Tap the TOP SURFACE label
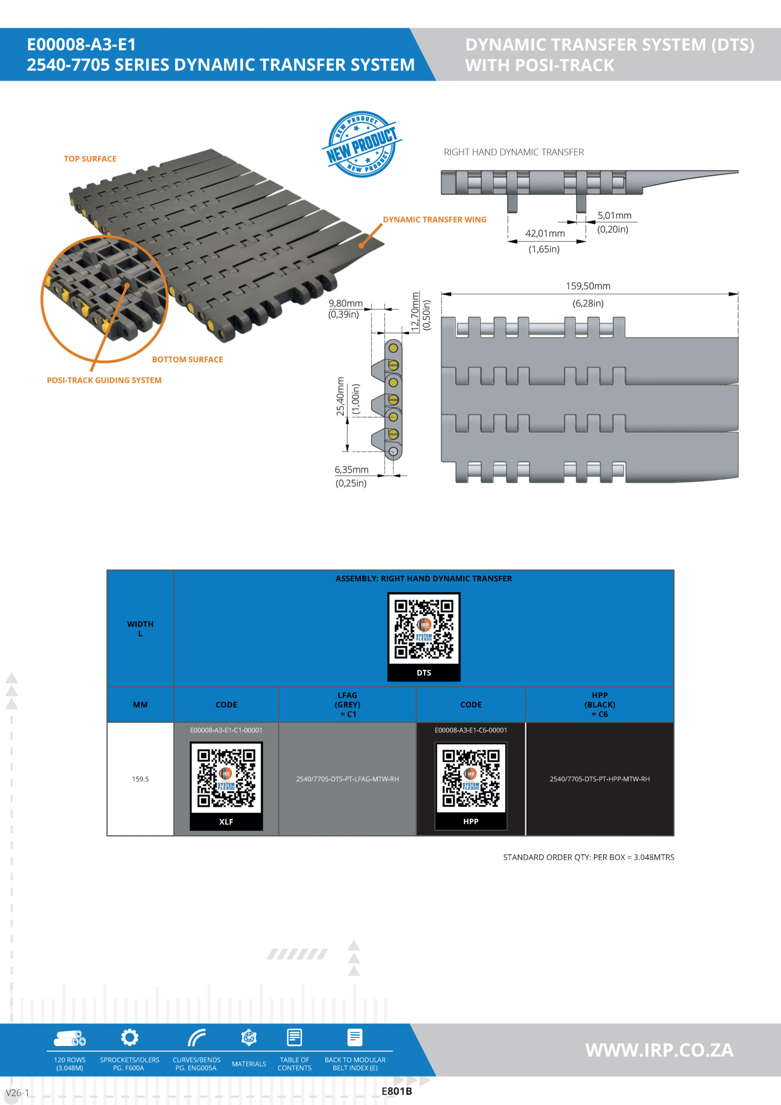coord(90,159)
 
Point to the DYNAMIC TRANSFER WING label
coord(434,219)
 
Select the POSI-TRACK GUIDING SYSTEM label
coord(104,380)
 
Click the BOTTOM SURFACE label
coord(187,360)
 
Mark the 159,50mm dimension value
coord(588,286)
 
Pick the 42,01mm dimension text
coord(545,234)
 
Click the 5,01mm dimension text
coord(614,216)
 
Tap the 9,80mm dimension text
coord(346,303)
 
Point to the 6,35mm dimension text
coord(351,470)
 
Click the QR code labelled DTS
coord(423,629)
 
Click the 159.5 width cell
coord(140,779)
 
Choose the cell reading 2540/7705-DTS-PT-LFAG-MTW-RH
coord(347,779)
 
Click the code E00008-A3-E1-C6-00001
coord(471,730)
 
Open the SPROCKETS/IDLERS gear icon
coord(129,1037)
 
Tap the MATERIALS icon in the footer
coord(249,1038)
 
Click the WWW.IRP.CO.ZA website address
coord(659,1050)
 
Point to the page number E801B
coord(397,1091)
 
